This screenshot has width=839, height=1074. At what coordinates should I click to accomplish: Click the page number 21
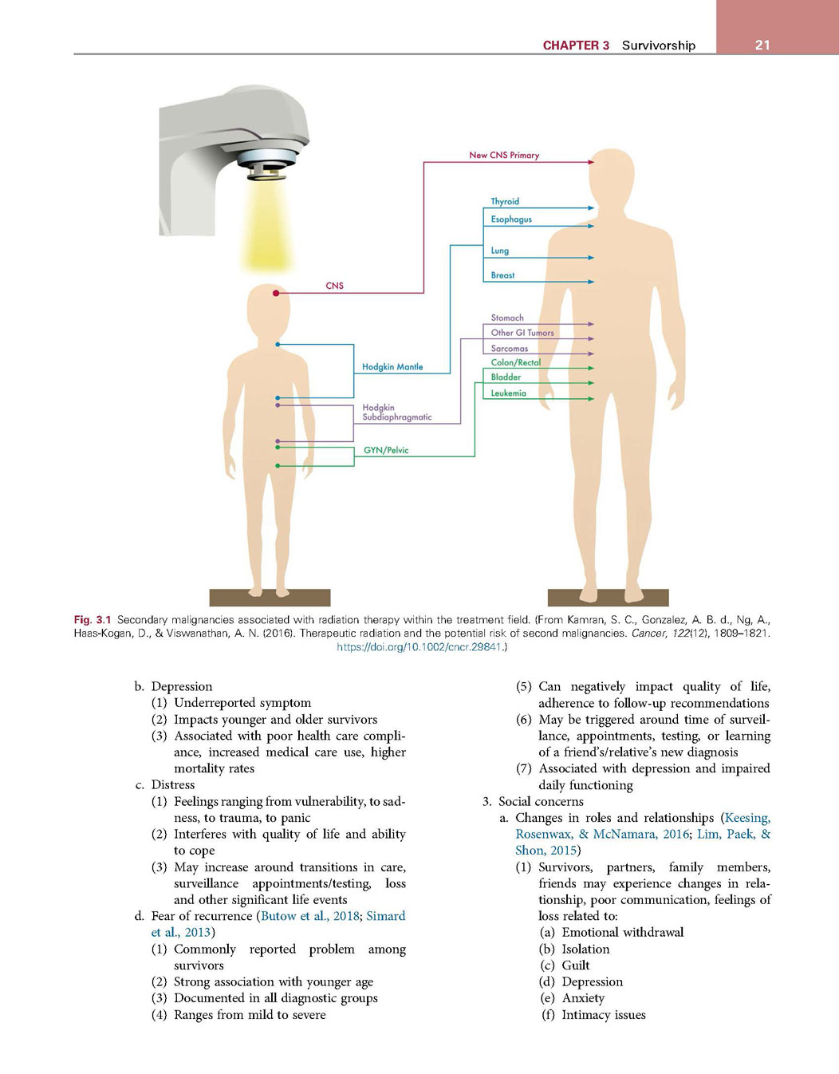[762, 45]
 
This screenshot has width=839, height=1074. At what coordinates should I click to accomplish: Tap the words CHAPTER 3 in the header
[576, 45]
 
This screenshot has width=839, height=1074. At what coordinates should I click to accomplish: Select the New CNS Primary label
[504, 155]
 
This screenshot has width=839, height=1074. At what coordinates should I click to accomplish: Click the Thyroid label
[505, 201]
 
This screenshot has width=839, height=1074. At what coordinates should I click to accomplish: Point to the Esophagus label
[511, 219]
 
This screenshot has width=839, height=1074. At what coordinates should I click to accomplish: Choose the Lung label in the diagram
[500, 251]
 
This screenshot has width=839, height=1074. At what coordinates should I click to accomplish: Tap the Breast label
[502, 275]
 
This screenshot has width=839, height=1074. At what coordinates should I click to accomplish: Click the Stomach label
[507, 318]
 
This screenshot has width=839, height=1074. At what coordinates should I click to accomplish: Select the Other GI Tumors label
[522, 333]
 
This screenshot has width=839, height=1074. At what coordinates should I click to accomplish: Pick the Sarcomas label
[509, 349]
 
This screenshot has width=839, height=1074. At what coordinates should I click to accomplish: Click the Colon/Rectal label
[515, 362]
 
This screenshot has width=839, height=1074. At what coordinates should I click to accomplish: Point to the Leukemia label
[508, 393]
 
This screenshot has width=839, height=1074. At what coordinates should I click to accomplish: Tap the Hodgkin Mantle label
[392, 367]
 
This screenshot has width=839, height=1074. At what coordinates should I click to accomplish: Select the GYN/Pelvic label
[386, 450]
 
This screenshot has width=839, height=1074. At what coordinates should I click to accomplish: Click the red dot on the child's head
[276, 293]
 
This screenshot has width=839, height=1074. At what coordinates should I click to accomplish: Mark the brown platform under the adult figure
[608, 598]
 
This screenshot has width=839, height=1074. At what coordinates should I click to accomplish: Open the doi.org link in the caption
[419, 646]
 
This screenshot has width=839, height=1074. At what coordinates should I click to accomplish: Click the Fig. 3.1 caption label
[93, 620]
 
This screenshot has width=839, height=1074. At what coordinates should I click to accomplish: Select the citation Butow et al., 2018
[309, 916]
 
